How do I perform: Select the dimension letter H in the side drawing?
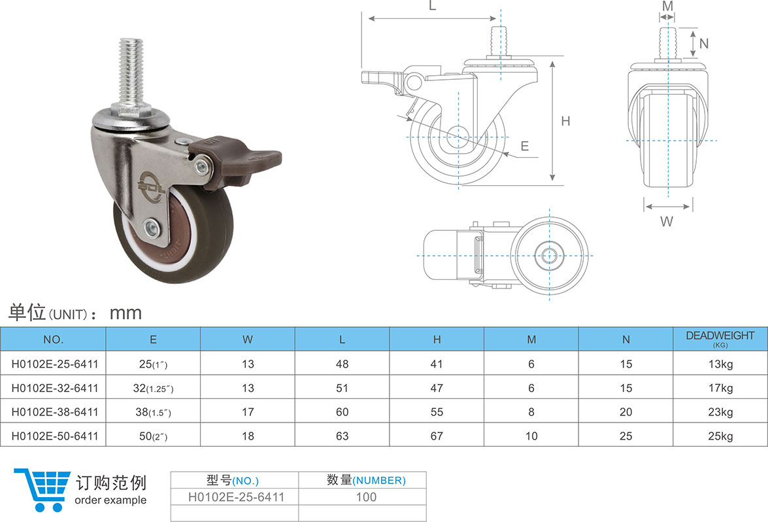tap(565, 121)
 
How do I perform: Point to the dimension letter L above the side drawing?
tap(432, 6)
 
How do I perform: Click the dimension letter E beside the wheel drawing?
tap(524, 147)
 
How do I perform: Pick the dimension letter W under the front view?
tap(666, 221)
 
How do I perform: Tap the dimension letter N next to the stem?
tap(704, 44)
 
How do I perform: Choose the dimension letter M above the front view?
tap(667, 6)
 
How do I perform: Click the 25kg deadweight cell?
tap(720, 436)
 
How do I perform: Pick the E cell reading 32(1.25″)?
tap(153, 389)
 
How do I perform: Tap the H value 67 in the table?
tap(437, 436)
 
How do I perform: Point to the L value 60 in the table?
tap(342, 412)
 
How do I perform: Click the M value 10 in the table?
tap(531, 436)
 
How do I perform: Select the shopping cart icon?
tap(42, 489)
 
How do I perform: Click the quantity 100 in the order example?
tap(366, 497)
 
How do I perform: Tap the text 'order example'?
tap(111, 500)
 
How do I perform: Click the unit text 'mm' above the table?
tap(125, 313)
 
